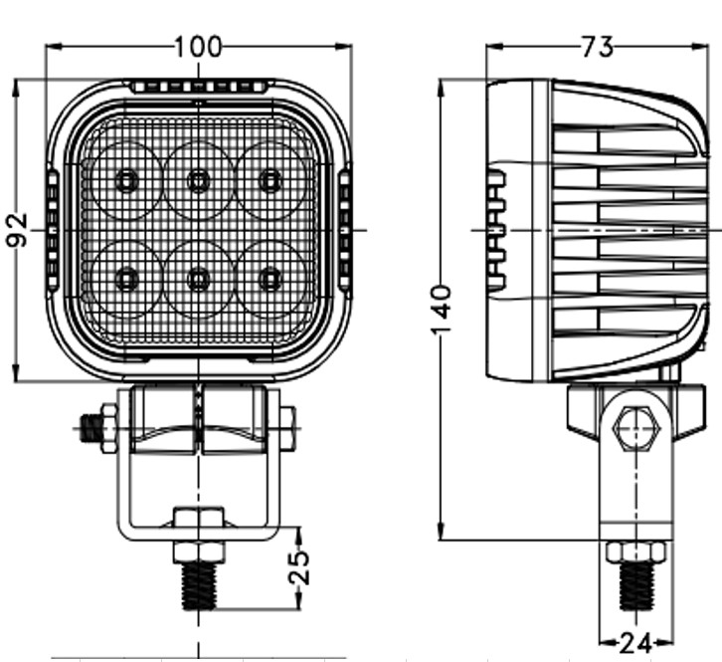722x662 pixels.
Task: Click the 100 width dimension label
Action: [199, 47]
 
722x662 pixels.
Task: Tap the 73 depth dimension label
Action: [596, 47]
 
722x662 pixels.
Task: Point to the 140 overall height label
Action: [442, 310]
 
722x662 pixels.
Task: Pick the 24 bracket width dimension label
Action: [634, 644]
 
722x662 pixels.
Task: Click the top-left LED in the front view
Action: [126, 181]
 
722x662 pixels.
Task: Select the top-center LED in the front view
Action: [199, 181]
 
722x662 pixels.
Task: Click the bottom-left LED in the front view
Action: [126, 279]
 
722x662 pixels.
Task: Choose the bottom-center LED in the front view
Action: [199, 279]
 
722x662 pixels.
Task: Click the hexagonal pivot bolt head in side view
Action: [635, 429]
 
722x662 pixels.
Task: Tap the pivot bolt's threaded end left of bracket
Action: [92, 430]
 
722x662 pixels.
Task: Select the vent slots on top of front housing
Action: [199, 88]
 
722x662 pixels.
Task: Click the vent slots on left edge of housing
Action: [51, 230]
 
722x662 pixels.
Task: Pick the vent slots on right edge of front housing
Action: [345, 230]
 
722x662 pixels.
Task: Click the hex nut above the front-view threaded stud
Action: [199, 552]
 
